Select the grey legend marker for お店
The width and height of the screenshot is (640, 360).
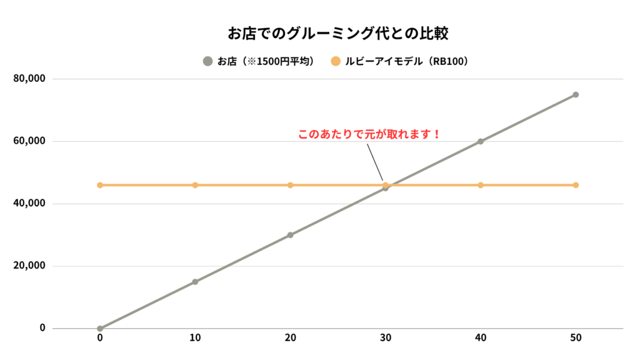tap(208, 61)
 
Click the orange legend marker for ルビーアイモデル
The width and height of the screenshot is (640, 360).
tap(336, 61)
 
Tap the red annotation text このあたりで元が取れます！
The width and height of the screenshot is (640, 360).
tap(370, 134)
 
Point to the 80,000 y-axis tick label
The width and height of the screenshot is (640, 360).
tap(29, 79)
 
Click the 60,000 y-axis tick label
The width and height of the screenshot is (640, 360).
tap(29, 141)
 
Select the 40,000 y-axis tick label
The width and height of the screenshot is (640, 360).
tap(29, 204)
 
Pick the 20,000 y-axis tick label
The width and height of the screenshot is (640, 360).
tap(29, 266)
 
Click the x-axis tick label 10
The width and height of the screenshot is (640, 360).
tap(195, 338)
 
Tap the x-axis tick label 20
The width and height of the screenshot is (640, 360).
tap(290, 338)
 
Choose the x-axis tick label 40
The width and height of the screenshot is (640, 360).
tap(481, 338)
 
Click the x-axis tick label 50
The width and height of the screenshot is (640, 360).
tap(576, 338)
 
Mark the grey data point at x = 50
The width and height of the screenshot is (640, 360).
tap(576, 94)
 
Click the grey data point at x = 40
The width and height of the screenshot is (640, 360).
tap(481, 141)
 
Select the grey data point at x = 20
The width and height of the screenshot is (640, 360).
tap(290, 235)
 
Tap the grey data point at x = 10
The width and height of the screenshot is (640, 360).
tap(195, 282)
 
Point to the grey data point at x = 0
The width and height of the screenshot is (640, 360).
tap(100, 328)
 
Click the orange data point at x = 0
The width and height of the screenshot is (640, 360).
tap(100, 185)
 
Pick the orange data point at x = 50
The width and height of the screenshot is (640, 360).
tap(576, 185)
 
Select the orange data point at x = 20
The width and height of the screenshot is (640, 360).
tap(290, 185)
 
